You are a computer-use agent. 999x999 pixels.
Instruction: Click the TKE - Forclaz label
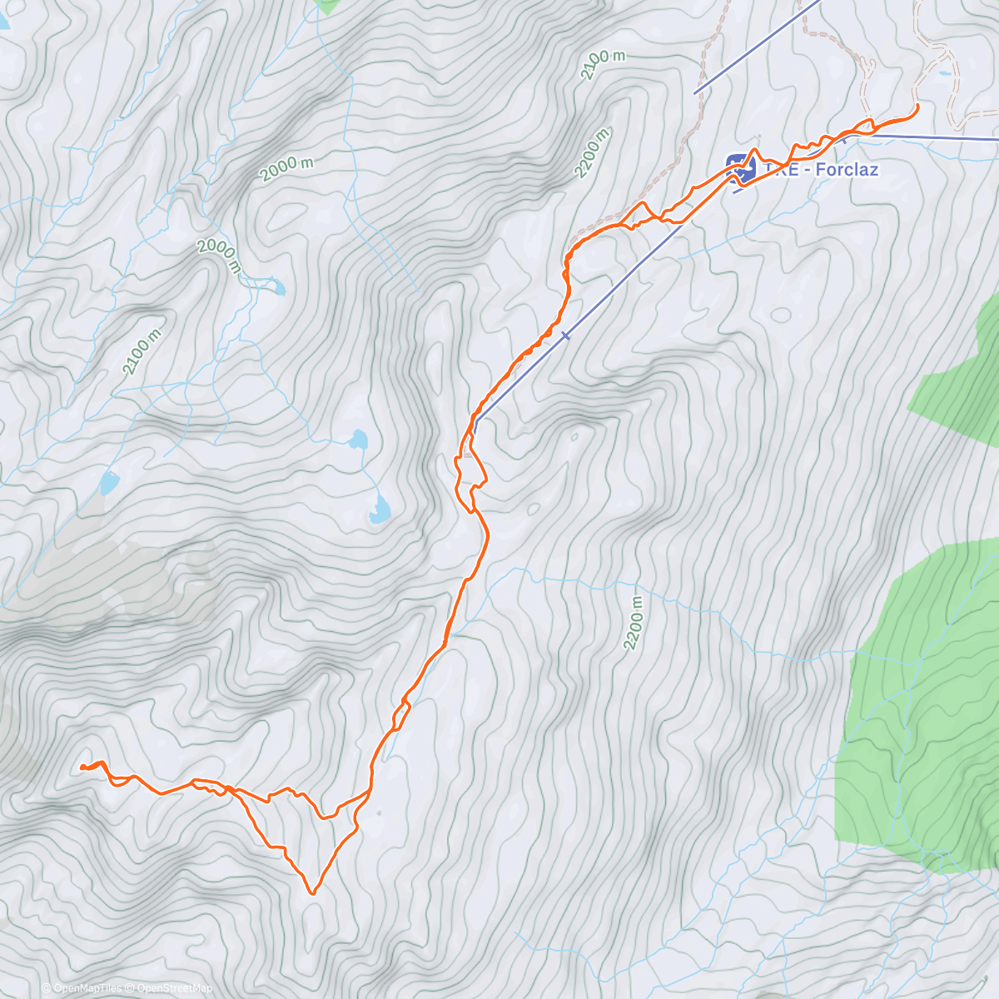pyautogui.click(x=821, y=170)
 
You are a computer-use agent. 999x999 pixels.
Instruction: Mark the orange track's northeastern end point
pyautogui.click(x=917, y=106)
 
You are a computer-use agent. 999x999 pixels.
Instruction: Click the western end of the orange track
pyautogui.click(x=82, y=767)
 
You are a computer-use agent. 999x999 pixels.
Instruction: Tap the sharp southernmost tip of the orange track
pyautogui.click(x=312, y=893)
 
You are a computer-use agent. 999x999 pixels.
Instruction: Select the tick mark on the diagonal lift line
pyautogui.click(x=565, y=335)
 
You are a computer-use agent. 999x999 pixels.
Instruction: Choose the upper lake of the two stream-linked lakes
pyautogui.click(x=358, y=439)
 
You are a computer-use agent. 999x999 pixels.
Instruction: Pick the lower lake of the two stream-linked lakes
pyautogui.click(x=379, y=510)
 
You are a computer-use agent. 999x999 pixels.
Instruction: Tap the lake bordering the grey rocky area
pyautogui.click(x=110, y=482)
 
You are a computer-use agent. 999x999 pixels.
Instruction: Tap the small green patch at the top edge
pyautogui.click(x=328, y=6)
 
